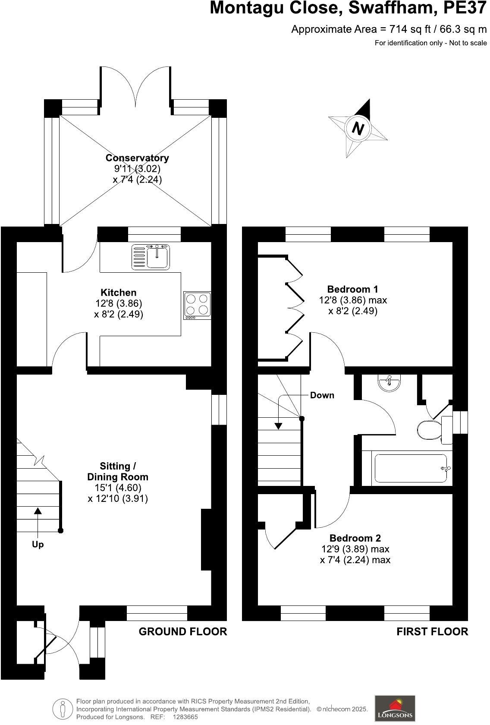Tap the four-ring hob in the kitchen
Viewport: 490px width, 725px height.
198,305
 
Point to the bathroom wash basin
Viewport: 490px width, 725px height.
389,382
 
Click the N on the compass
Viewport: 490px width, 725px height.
358,128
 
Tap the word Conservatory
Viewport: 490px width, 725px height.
137,158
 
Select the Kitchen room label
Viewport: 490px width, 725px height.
118,293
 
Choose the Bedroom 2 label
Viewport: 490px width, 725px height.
355,538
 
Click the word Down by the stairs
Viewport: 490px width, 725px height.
322,395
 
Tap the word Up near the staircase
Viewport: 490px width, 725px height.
38,545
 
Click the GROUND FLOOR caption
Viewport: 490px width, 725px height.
182,632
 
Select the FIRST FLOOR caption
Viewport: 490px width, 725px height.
432,632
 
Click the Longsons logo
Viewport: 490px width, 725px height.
395,709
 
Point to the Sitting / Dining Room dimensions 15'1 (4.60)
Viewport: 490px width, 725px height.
118,488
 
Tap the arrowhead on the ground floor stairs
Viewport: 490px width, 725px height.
38,511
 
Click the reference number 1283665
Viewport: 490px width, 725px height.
185,717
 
